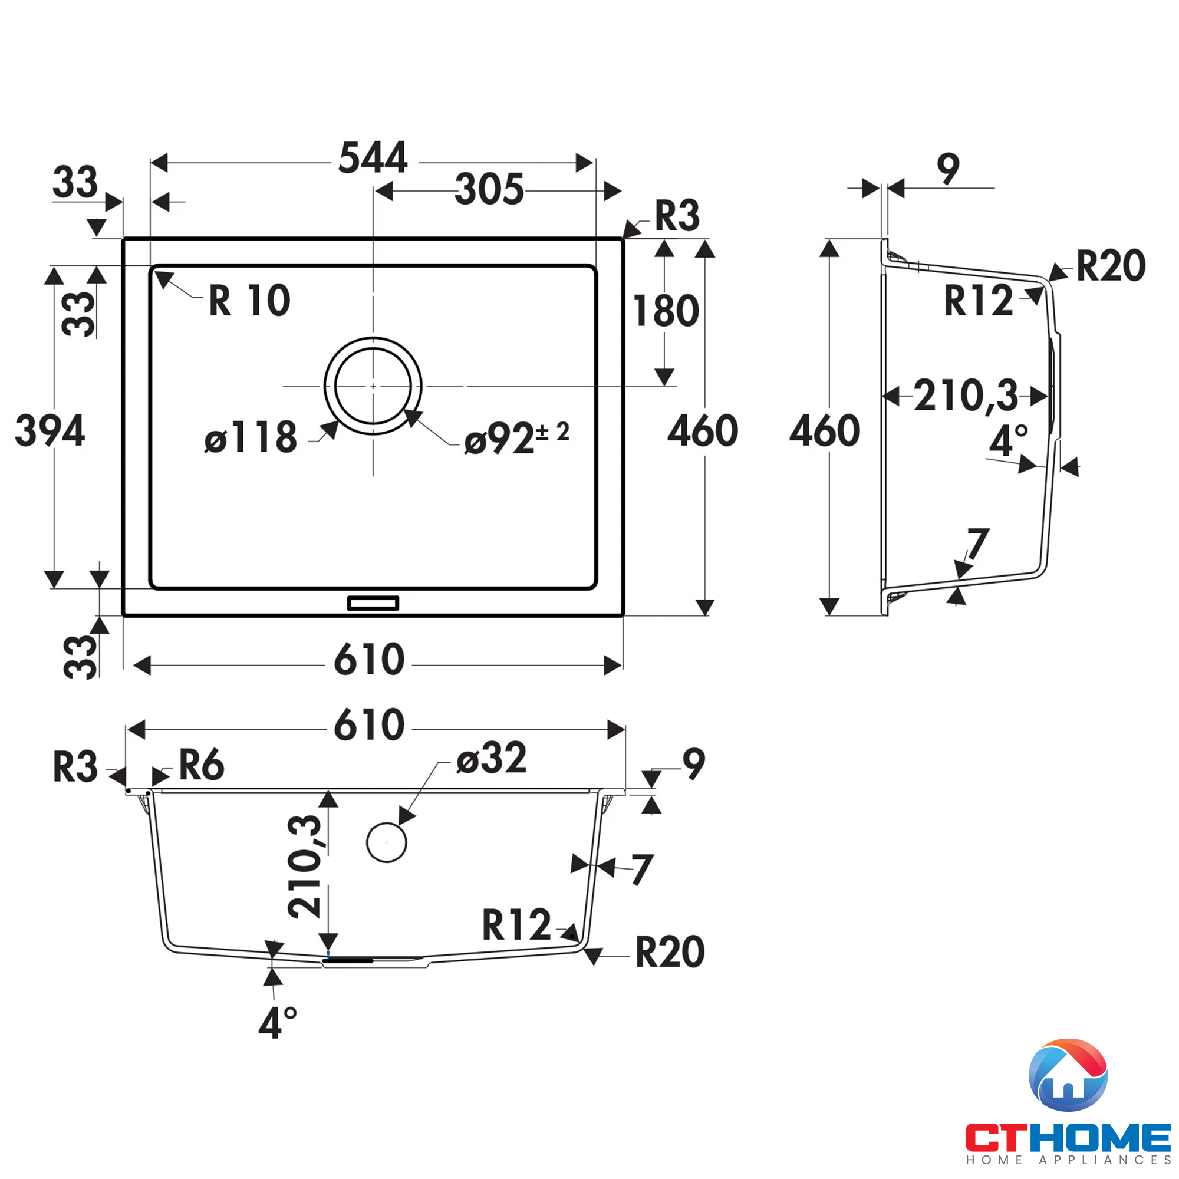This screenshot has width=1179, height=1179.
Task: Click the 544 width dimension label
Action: click(373, 158)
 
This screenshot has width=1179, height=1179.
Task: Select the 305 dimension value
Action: click(489, 189)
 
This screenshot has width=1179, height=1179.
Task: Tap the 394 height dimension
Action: click(50, 431)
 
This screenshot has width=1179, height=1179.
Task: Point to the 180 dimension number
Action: click(666, 311)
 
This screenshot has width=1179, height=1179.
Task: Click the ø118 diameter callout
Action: click(251, 437)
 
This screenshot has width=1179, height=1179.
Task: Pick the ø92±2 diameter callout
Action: click(516, 438)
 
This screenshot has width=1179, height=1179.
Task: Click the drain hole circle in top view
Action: click(373, 386)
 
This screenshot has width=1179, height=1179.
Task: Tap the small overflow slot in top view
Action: click(373, 604)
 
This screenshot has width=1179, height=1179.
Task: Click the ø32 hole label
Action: click(492, 758)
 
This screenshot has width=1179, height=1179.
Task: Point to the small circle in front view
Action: click(386, 842)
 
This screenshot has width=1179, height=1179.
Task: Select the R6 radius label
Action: click(202, 765)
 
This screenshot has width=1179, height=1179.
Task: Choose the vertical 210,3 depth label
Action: click(305, 867)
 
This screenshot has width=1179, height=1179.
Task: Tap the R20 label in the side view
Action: click(1111, 266)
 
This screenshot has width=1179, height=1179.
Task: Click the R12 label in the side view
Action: click(978, 301)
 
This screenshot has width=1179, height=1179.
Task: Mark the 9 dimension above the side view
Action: click(949, 169)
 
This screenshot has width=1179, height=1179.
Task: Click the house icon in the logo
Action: click(1069, 1075)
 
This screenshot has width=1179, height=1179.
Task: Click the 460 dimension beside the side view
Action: click(825, 431)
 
